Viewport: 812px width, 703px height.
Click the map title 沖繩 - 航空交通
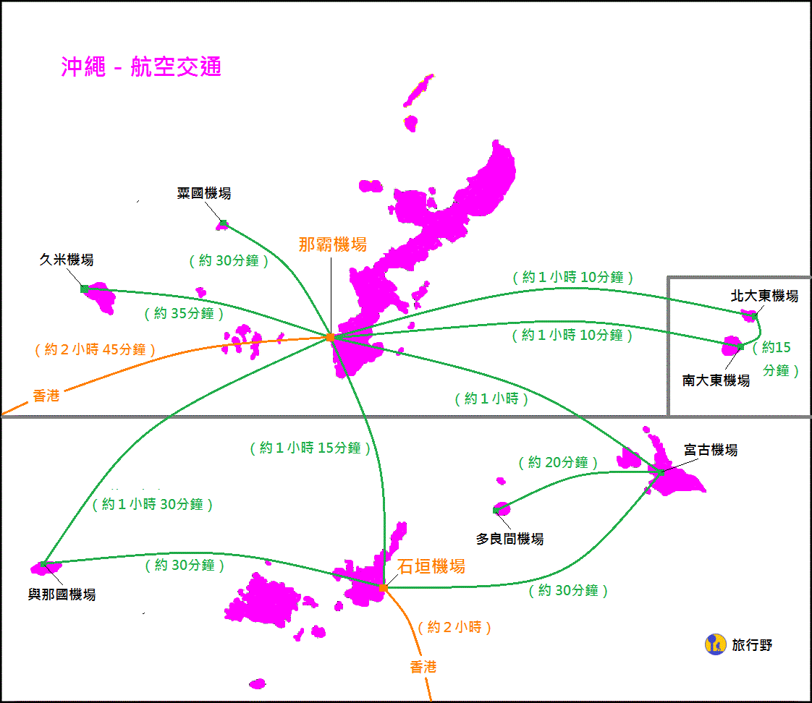tap(141, 67)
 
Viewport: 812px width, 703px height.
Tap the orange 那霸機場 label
tap(332, 244)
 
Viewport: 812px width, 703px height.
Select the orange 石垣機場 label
tap(431, 566)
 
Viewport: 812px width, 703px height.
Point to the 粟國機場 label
tap(204, 193)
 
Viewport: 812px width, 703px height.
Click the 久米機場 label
tap(67, 260)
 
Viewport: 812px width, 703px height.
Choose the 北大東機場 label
tap(764, 296)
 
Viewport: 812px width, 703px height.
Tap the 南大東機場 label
tap(716, 380)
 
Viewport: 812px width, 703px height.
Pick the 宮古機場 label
tap(711, 450)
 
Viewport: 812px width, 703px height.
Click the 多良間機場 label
tap(509, 539)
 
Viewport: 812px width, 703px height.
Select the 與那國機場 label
tap(62, 595)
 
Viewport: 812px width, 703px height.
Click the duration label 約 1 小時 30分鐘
tap(153, 505)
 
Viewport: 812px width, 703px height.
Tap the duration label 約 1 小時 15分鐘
tap(310, 448)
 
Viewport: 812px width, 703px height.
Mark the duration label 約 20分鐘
tap(558, 462)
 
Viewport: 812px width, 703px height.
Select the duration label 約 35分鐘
tap(184, 313)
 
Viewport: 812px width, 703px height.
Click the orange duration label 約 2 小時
tap(454, 627)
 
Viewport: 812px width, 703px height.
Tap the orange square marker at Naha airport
tap(330, 337)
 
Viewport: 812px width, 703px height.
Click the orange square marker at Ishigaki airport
tap(383, 587)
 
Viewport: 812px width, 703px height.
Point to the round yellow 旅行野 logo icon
tap(715, 644)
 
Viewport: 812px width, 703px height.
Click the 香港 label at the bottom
tap(423, 667)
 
